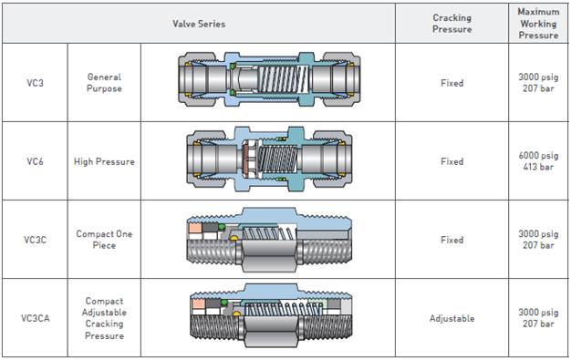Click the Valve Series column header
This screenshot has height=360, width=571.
[x=199, y=24]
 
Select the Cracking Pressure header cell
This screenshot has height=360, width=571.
[x=452, y=24]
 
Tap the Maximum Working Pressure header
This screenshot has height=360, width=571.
[x=538, y=24]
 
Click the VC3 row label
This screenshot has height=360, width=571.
[x=35, y=83]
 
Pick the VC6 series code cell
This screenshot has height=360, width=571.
[x=35, y=161]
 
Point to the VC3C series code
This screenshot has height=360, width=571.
[x=35, y=240]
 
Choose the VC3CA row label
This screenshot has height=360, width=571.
[x=35, y=318]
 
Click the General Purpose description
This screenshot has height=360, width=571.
[x=104, y=83]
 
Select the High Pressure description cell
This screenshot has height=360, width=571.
[x=104, y=161]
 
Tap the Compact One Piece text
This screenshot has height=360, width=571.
[x=104, y=240]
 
